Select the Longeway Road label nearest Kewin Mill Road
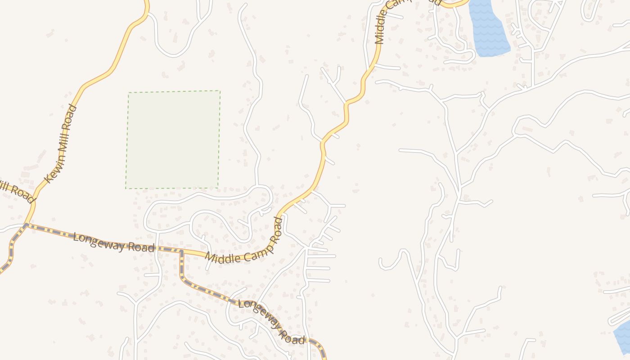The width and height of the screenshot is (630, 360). point(114,243)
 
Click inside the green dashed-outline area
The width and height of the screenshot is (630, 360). point(173,139)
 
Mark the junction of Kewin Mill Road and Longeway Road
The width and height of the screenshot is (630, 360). point(27,225)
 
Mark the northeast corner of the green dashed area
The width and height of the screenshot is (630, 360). point(220,91)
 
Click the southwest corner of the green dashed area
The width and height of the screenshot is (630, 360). point(126,188)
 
